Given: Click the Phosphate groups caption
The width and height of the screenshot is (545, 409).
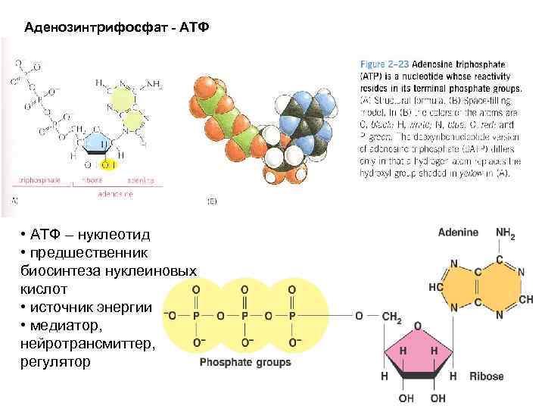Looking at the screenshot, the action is (244, 363).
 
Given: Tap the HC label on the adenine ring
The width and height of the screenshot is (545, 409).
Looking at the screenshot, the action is (436, 289).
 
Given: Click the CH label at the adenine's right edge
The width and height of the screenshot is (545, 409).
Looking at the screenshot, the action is (525, 300).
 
